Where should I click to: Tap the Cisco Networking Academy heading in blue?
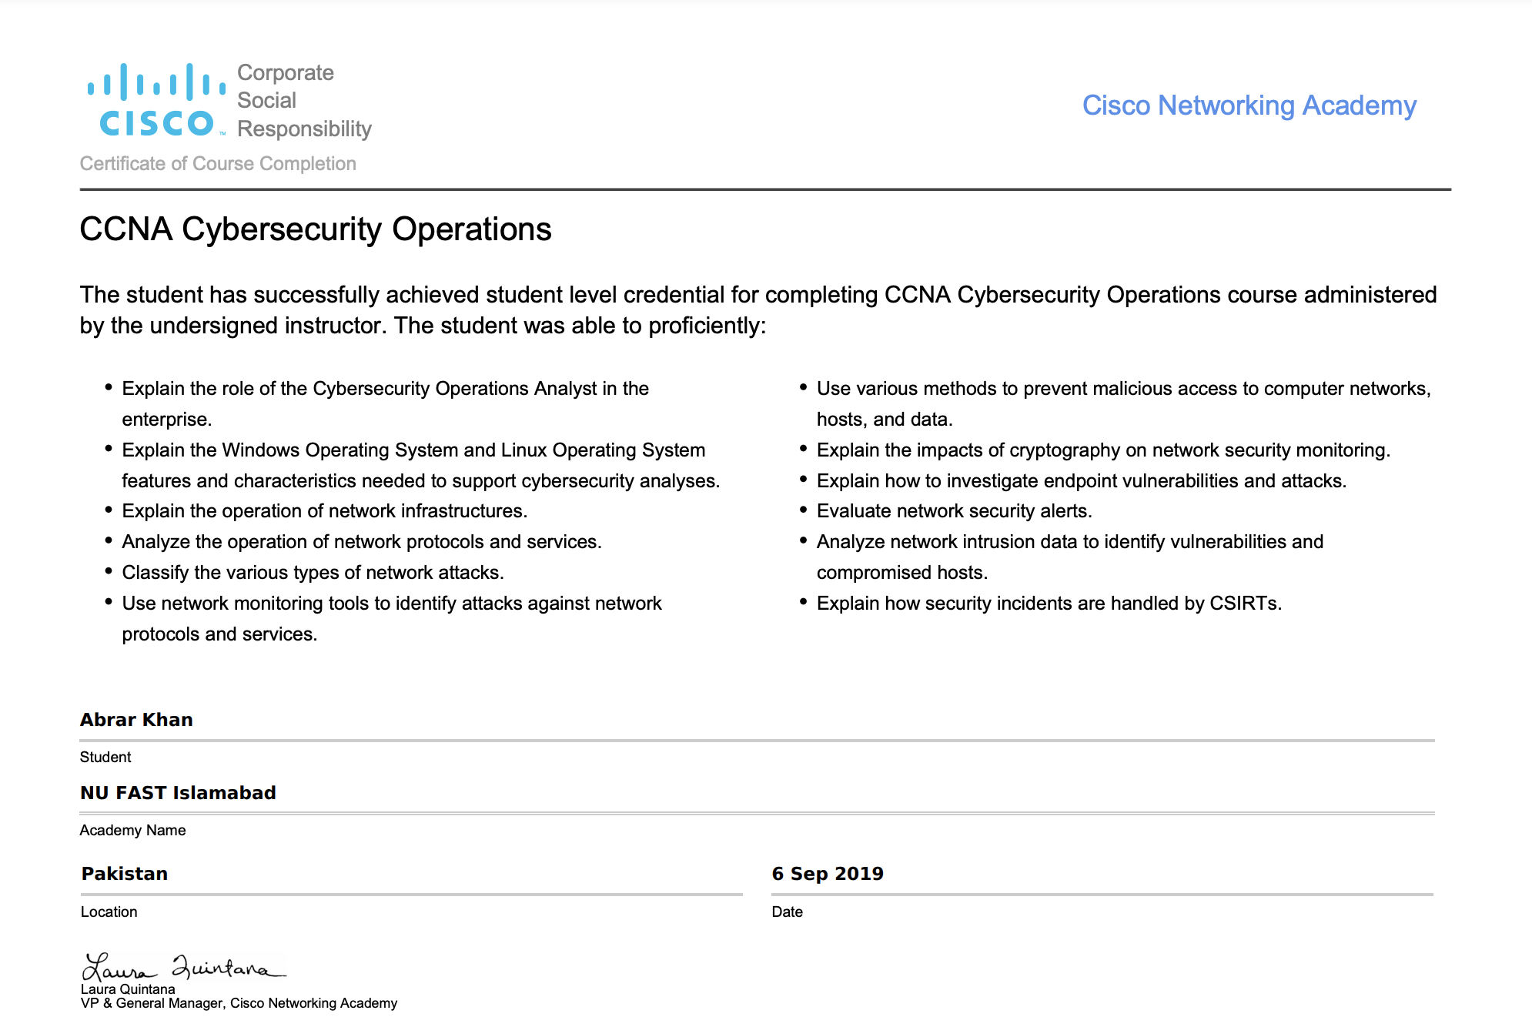pyautogui.click(x=1249, y=105)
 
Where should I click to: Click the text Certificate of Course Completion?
pyautogui.click(x=218, y=163)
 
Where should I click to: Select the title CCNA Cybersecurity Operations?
pyautogui.click(x=316, y=229)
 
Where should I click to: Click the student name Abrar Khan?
pyautogui.click(x=136, y=720)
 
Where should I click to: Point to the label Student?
pyautogui.click(x=105, y=757)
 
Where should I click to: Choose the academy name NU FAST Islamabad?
pyautogui.click(x=178, y=793)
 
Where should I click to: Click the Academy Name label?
pyautogui.click(x=132, y=830)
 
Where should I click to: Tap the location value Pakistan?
pyautogui.click(x=125, y=874)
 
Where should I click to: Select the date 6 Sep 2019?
pyautogui.click(x=828, y=874)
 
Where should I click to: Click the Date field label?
pyautogui.click(x=787, y=912)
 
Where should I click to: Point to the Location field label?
pyautogui.click(x=109, y=912)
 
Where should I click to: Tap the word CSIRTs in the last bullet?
pyautogui.click(x=1245, y=604)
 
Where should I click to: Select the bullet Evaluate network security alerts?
pyautogui.click(x=954, y=511)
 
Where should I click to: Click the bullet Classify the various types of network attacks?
pyautogui.click(x=313, y=573)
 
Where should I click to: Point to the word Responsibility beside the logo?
pyautogui.click(x=304, y=129)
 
